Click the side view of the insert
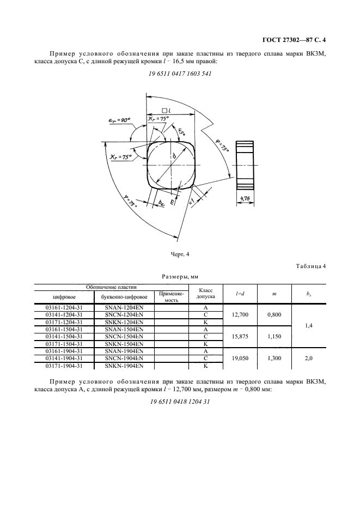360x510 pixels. [246, 168]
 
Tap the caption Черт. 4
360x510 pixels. [179, 253]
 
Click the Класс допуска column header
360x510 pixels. [207, 294]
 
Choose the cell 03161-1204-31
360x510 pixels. [64, 308]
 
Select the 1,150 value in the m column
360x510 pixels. [275, 337]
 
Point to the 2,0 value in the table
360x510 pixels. [309, 359]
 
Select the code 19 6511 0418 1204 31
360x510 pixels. [179, 402]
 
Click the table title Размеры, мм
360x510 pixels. [179, 276]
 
